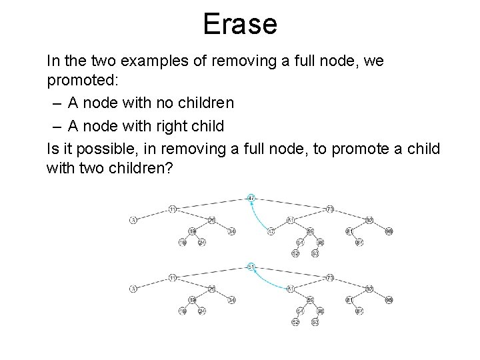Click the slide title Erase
(x=240, y=25)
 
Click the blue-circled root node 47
(x=250, y=198)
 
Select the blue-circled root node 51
(x=250, y=267)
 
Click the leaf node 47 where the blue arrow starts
(x=271, y=231)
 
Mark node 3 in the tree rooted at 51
(x=133, y=289)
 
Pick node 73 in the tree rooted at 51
(x=329, y=277)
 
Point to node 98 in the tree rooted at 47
(x=389, y=231)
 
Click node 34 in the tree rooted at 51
(x=232, y=300)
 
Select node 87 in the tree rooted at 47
(x=358, y=242)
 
